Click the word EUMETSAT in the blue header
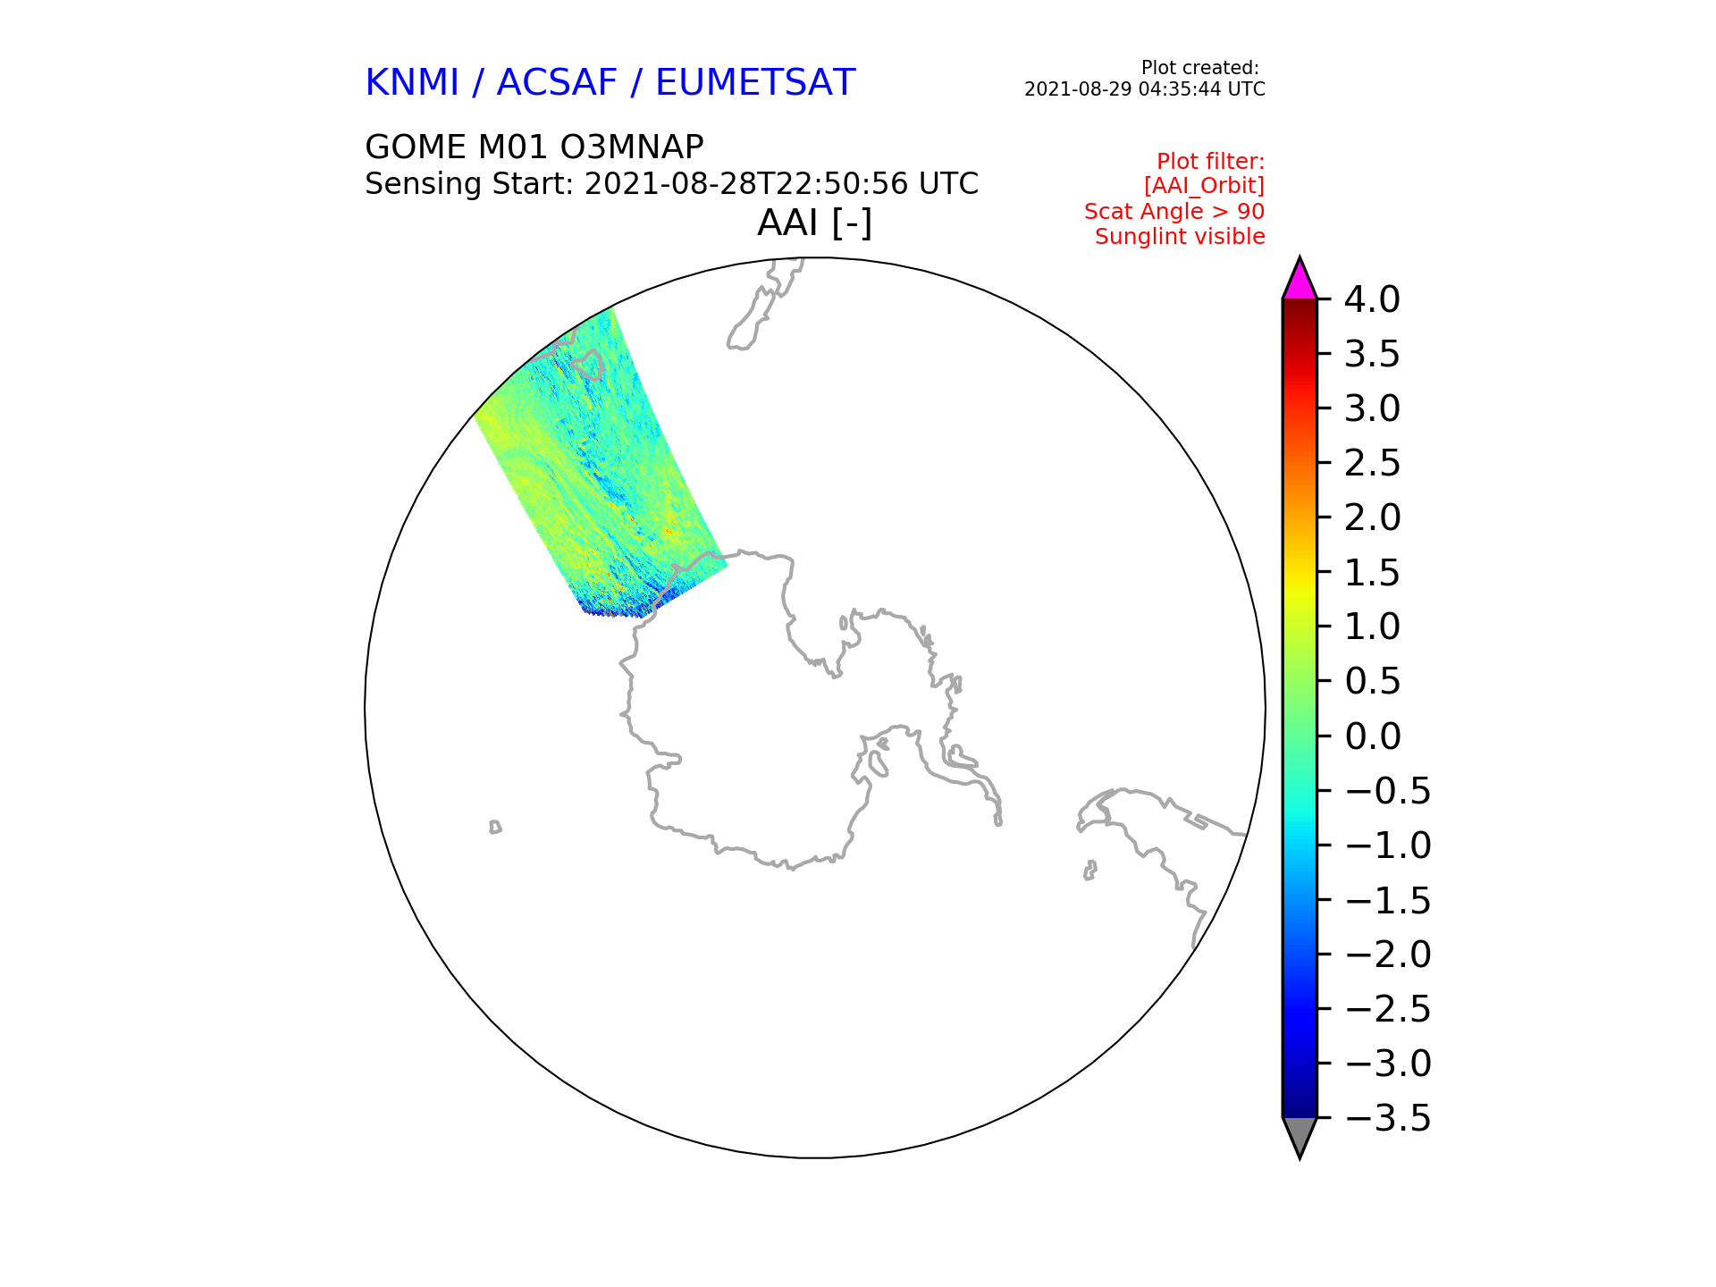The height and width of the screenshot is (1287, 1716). tap(755, 83)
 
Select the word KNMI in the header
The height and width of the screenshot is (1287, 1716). tap(412, 83)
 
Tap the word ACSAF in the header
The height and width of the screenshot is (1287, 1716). tap(557, 83)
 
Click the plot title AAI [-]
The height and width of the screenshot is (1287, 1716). tap(814, 223)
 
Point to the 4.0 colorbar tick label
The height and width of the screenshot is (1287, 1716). tap(1372, 299)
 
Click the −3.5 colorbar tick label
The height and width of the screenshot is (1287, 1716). tap(1387, 1118)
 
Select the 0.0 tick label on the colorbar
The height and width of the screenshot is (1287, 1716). tap(1372, 736)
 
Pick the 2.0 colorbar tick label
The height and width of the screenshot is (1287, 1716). tap(1372, 517)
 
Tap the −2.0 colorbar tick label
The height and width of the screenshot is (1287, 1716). tap(1387, 955)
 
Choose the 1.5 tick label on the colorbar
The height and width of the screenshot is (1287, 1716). tap(1372, 573)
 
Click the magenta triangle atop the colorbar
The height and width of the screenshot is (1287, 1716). tap(1300, 279)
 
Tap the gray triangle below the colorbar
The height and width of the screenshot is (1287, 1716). tap(1300, 1138)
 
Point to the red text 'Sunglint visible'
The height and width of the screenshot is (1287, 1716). tap(1180, 237)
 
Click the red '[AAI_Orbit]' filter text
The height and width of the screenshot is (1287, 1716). tap(1204, 186)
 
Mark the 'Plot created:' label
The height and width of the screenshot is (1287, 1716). tap(1200, 68)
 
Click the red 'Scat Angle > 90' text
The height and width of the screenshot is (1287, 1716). tap(1174, 212)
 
